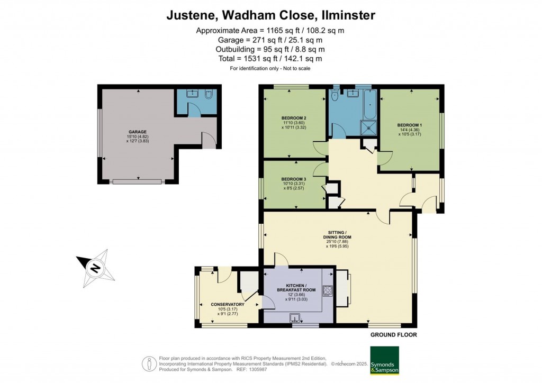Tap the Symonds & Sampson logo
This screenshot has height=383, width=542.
(x=384, y=360)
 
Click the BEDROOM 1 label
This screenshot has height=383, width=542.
(x=410, y=125)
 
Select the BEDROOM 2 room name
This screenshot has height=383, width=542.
(x=294, y=117)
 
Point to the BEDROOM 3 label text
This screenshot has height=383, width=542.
(x=294, y=179)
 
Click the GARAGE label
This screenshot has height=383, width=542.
(x=137, y=132)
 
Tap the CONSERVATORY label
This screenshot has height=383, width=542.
(x=227, y=304)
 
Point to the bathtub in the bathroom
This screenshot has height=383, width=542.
(x=369, y=104)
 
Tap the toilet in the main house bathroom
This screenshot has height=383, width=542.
(x=334, y=97)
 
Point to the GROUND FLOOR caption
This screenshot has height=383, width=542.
(x=393, y=335)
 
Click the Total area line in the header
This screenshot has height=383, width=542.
(x=270, y=59)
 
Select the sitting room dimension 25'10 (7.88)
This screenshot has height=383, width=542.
(x=338, y=241)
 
